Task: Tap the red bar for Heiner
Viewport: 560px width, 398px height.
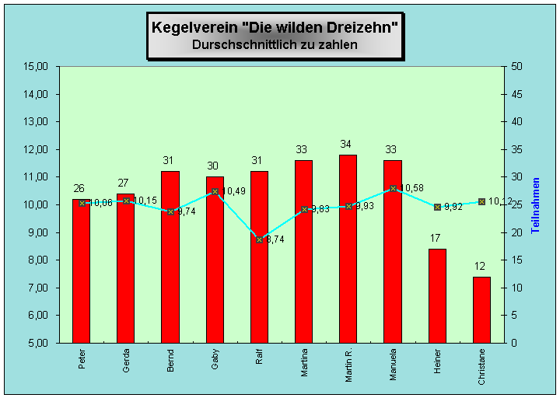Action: (437, 295)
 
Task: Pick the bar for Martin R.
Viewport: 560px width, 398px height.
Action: (348, 249)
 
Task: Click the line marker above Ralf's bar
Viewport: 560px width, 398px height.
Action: (260, 239)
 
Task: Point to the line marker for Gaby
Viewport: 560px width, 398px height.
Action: (215, 191)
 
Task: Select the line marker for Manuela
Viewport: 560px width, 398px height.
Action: (393, 188)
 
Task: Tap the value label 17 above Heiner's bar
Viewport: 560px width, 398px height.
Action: (437, 238)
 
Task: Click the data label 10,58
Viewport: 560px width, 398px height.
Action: (413, 188)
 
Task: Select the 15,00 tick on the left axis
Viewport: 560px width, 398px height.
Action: (37, 66)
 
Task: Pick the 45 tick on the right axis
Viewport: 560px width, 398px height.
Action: (517, 94)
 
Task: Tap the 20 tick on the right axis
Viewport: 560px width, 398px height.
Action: (517, 232)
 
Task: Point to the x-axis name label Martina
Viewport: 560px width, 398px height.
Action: (304, 362)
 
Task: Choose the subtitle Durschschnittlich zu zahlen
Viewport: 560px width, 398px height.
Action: (275, 45)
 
